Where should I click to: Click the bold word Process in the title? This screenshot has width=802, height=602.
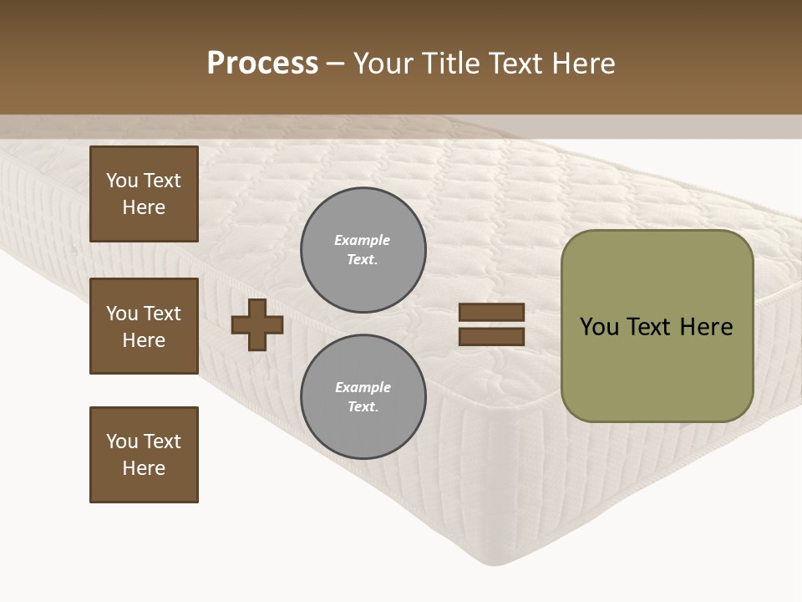click(x=262, y=64)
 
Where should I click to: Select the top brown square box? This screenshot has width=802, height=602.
click(x=144, y=194)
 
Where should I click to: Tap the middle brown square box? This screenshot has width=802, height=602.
click(x=144, y=326)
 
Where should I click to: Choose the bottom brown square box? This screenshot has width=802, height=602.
click(x=144, y=455)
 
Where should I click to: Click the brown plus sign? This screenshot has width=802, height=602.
click(x=257, y=324)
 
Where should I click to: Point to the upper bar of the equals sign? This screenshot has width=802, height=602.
click(x=491, y=312)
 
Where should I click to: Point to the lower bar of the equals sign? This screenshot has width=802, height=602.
click(x=491, y=337)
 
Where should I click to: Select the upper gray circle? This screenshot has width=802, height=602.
click(x=363, y=249)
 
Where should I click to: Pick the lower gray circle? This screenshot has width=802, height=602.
click(x=363, y=396)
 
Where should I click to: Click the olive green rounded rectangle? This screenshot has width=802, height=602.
click(x=657, y=326)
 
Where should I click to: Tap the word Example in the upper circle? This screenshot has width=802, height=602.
click(x=362, y=240)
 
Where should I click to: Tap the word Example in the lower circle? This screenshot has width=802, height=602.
click(x=363, y=387)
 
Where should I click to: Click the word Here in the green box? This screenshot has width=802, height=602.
click(x=706, y=327)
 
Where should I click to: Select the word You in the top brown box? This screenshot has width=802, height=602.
click(x=121, y=181)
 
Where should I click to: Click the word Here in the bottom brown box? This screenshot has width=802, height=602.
click(x=144, y=468)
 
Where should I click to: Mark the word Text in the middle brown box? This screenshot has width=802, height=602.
click(x=162, y=314)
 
